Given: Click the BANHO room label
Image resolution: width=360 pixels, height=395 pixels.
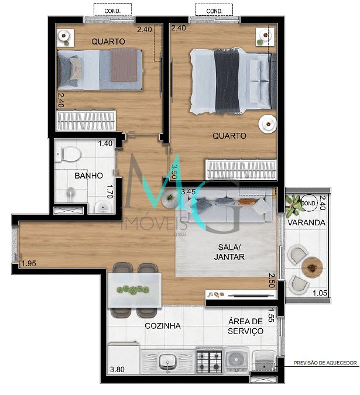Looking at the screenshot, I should pyautogui.click(x=89, y=176).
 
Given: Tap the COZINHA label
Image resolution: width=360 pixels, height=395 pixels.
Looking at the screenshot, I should pyautogui.click(x=163, y=326).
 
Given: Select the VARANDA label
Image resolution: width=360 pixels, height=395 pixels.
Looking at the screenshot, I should pyautogui.click(x=306, y=223).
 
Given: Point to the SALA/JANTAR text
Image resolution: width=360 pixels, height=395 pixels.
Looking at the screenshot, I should pyautogui.click(x=229, y=252).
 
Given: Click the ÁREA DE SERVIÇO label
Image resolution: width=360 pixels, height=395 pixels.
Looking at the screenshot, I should pyautogui.click(x=245, y=326).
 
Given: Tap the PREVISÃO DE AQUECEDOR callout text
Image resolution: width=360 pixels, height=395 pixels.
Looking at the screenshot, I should pyautogui.click(x=325, y=363).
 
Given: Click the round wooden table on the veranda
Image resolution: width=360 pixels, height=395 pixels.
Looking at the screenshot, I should pyautogui.click(x=313, y=267).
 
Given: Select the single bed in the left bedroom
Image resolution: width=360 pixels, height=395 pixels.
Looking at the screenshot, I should pyautogui.click(x=99, y=70).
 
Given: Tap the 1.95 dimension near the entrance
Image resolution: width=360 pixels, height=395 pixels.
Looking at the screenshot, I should pyautogui.click(x=29, y=263).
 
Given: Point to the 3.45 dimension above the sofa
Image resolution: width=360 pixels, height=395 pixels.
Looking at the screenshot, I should pyautogui.click(x=188, y=191).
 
